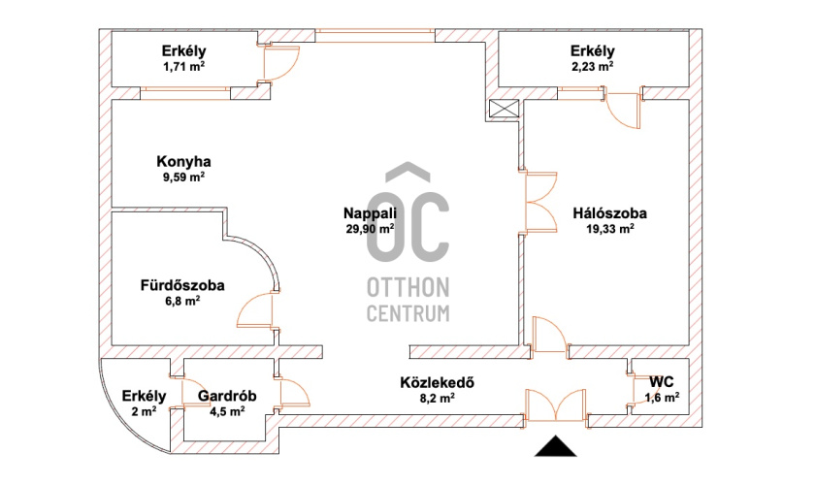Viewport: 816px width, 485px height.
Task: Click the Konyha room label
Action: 183,161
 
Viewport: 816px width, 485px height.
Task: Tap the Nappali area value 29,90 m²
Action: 370,229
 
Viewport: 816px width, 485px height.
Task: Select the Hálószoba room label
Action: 610,212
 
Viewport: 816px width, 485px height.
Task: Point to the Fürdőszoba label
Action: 182,285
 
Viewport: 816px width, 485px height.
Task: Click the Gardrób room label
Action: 227,396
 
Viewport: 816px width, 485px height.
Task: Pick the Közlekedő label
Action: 438,382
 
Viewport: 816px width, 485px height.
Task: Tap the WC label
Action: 662,382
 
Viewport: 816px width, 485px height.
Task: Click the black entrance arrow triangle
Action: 556,446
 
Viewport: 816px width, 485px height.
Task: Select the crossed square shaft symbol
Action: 505,110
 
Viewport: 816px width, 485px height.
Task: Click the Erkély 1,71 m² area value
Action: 183,67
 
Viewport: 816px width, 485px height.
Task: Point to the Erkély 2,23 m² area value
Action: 592,67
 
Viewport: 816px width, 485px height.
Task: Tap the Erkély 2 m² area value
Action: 144,411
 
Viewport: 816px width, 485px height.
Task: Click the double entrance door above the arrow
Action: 556,405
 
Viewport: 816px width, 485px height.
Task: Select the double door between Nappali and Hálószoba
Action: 540,202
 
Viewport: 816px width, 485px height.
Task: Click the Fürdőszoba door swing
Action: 256,310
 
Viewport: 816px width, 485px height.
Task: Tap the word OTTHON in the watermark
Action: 408,287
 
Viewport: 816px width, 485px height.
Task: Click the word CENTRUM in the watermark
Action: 408,313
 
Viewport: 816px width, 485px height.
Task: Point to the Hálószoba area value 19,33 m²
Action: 610,229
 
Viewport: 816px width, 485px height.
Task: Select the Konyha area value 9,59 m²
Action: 183,177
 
